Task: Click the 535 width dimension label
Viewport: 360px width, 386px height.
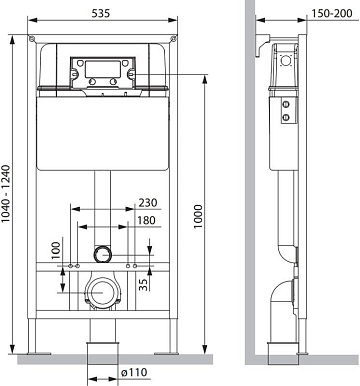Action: [x=100, y=13]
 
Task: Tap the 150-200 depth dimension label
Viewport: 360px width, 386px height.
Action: [x=332, y=13]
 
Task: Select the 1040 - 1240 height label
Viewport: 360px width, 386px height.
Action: [x=7, y=194]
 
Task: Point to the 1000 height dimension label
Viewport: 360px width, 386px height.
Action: [x=198, y=216]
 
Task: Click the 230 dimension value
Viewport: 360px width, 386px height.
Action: [x=148, y=202]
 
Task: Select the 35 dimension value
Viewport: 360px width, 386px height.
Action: [x=143, y=285]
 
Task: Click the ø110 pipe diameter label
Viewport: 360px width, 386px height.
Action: [x=134, y=372]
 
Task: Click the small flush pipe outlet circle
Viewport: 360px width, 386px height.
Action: [x=102, y=255]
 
